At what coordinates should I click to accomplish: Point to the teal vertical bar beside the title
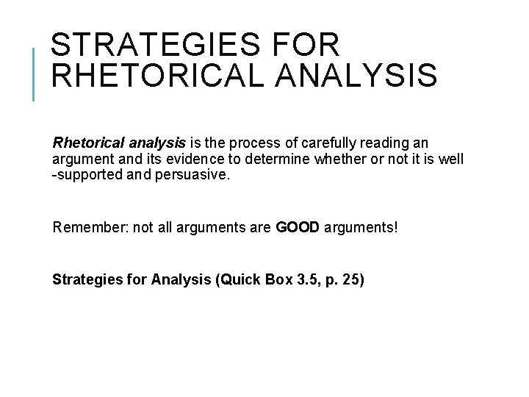point(34,74)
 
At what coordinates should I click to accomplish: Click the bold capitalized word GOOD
point(298,227)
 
